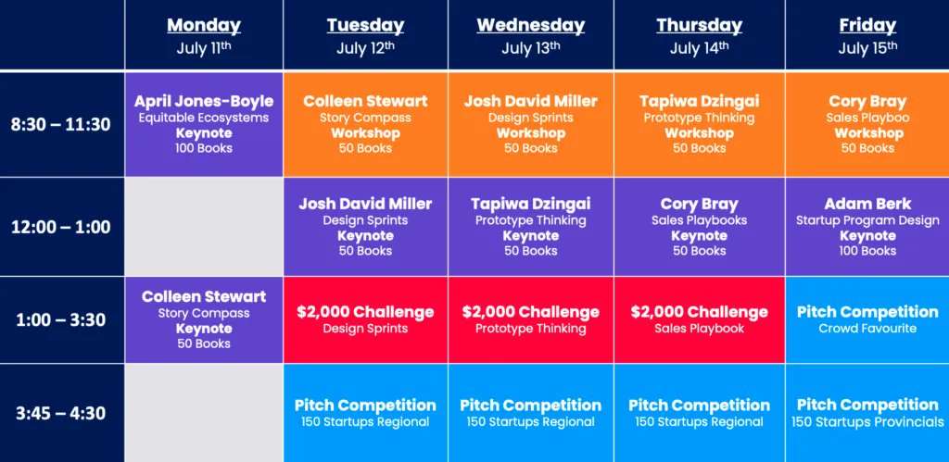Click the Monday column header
pyautogui.click(x=203, y=26)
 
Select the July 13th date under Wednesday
pyautogui.click(x=530, y=48)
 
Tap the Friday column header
pyautogui.click(x=867, y=26)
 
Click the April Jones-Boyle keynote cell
pyautogui.click(x=203, y=124)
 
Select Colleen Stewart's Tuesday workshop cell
pyautogui.click(x=365, y=124)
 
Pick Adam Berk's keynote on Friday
pyautogui.click(x=867, y=227)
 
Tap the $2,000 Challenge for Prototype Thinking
pyautogui.click(x=530, y=319)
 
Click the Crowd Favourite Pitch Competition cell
pyautogui.click(x=867, y=319)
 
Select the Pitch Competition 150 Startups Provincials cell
pyautogui.click(x=867, y=413)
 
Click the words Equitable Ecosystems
pyautogui.click(x=203, y=118)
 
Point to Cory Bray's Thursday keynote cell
pyautogui.click(x=699, y=227)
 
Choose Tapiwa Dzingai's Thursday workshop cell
pyautogui.click(x=699, y=124)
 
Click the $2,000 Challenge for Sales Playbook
pyautogui.click(x=699, y=319)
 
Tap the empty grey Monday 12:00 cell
pyautogui.click(x=203, y=227)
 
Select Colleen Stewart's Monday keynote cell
pyautogui.click(x=203, y=319)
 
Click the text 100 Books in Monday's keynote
pyautogui.click(x=203, y=148)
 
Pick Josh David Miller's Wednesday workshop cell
pyautogui.click(x=530, y=124)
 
